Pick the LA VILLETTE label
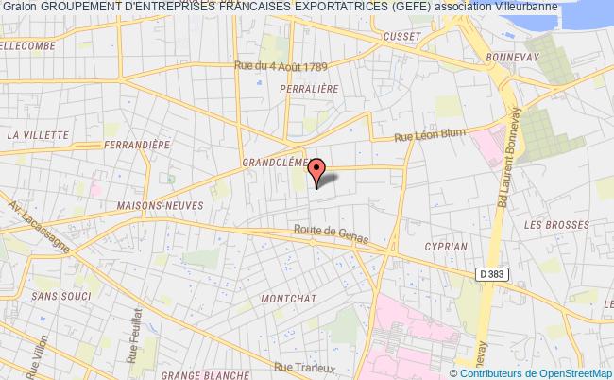(33, 135)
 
